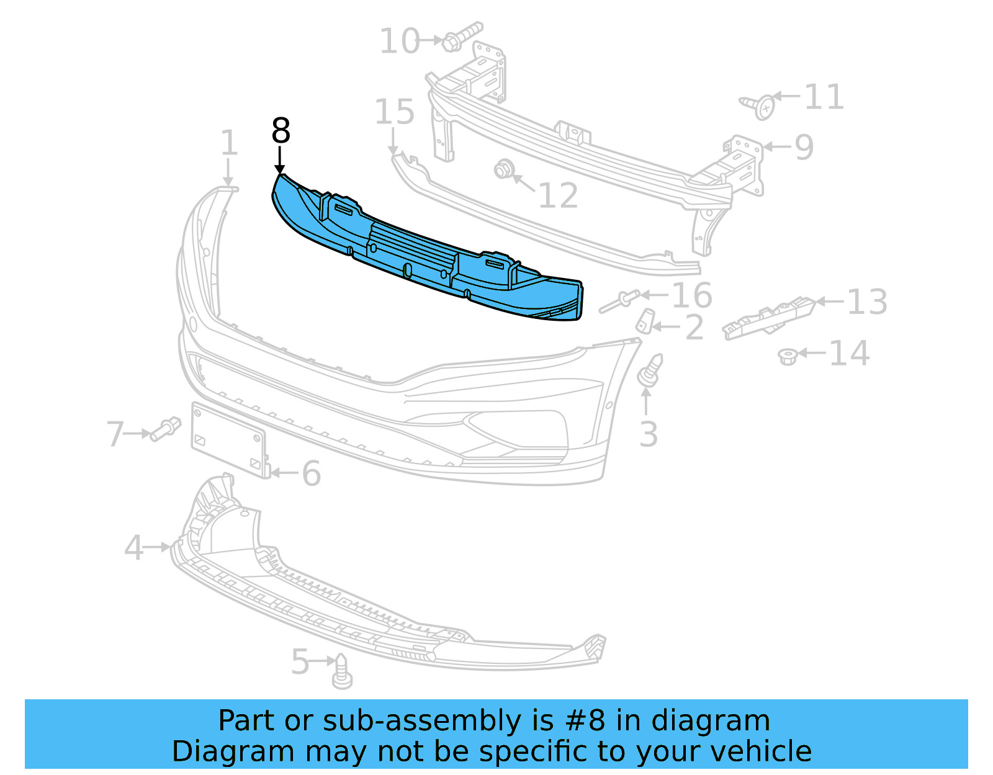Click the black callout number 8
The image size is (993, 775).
(x=281, y=132)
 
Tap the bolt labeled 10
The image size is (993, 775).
(x=462, y=36)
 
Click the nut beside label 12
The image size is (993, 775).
(x=503, y=169)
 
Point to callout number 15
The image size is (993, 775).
(x=395, y=113)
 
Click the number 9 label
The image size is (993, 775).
(x=804, y=147)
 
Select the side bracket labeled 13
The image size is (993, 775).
(x=768, y=318)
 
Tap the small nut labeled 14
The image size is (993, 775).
(x=788, y=356)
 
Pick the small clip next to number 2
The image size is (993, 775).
(x=645, y=320)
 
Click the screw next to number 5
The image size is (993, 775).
(x=341, y=673)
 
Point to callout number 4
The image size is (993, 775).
(x=134, y=548)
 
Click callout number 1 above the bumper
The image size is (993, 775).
(x=229, y=143)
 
